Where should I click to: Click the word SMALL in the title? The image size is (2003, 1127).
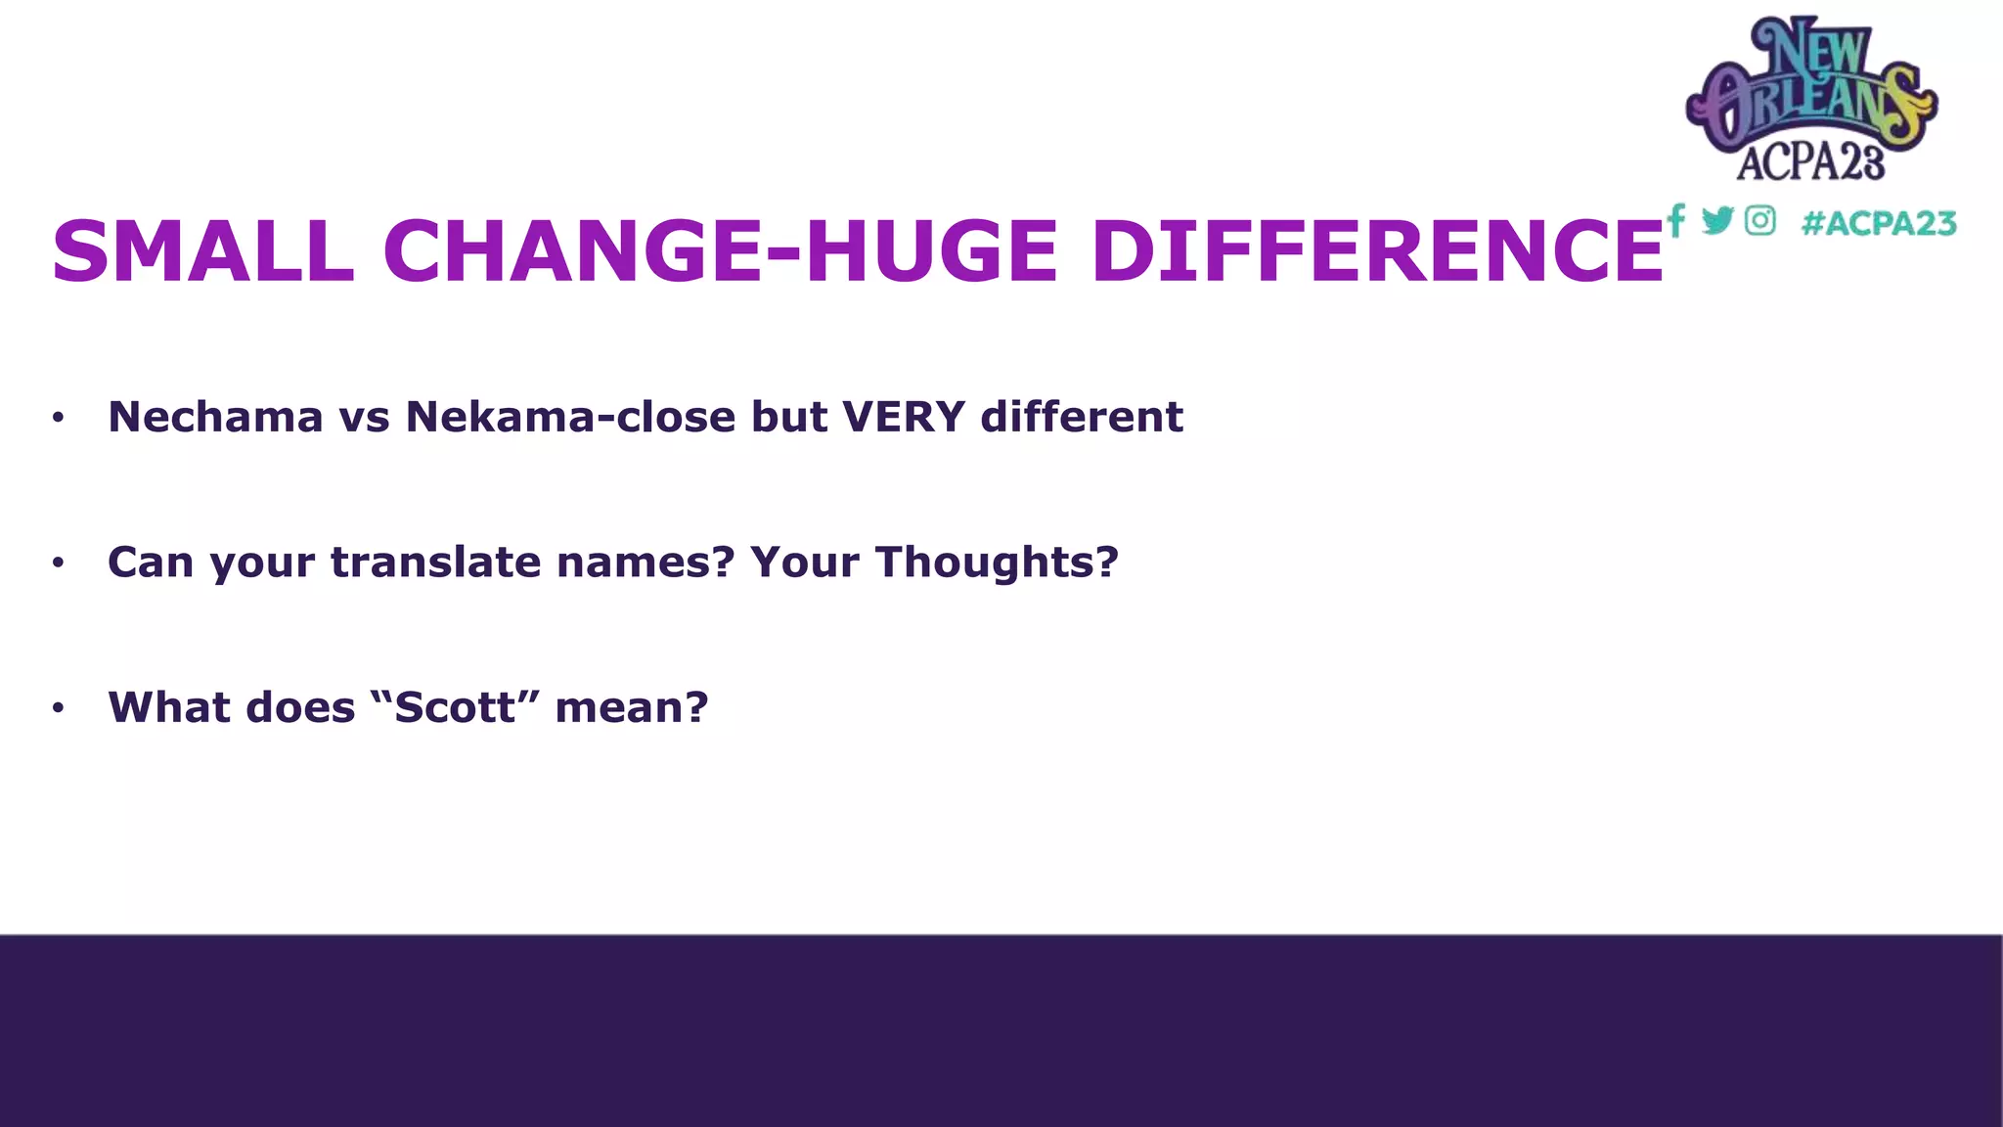tap(202, 251)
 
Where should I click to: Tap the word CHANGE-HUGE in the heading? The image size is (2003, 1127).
tap(720, 251)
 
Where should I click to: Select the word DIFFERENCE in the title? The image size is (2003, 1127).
tap(1376, 251)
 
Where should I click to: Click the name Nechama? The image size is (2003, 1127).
tap(215, 417)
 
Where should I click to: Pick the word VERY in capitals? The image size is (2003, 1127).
tap(904, 417)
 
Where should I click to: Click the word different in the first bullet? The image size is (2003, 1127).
tap(1082, 417)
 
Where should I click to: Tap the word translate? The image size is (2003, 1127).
tap(435, 563)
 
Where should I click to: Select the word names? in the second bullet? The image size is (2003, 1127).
tap(645, 563)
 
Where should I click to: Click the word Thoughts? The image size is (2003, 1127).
tap(997, 563)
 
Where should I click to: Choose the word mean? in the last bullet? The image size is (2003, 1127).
tap(632, 707)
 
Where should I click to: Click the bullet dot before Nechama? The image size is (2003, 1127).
tap(59, 418)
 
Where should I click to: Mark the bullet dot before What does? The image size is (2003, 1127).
tap(59, 707)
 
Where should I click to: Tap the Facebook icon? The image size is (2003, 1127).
tap(1675, 220)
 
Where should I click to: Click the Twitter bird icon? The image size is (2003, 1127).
tap(1717, 220)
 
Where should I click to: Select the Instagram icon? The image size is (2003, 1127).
tap(1759, 220)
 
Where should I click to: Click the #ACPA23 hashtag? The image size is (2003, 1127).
tap(1878, 223)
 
